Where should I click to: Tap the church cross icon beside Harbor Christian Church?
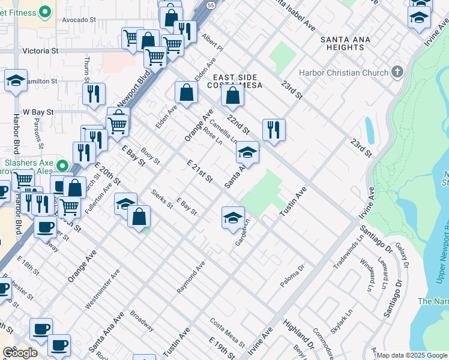(x=396, y=73)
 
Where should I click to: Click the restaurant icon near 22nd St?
(x=273, y=129)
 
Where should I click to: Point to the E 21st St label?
(x=200, y=171)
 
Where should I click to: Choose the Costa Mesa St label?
(x=227, y=332)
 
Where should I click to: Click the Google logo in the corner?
(x=20, y=353)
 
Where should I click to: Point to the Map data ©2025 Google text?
(x=412, y=355)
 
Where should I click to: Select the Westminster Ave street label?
(x=102, y=289)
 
